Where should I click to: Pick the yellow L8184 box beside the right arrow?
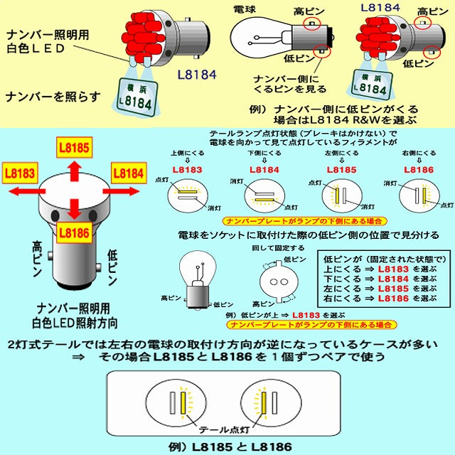pyautogui.click(x=128, y=173)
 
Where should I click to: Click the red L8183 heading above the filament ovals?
pyautogui.click(x=187, y=169)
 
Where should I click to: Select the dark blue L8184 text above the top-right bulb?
pyautogui.click(x=380, y=8)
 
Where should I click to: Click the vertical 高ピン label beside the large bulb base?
pyautogui.click(x=36, y=262)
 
